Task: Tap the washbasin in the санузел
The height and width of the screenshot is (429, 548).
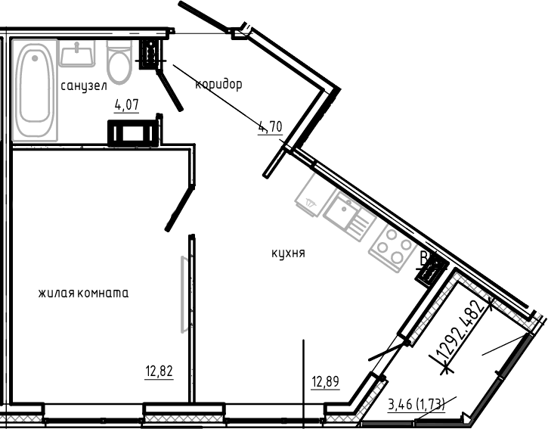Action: tap(76, 53)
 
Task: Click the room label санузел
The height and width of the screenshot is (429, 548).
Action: tap(84, 86)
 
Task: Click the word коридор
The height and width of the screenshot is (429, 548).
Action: tap(218, 84)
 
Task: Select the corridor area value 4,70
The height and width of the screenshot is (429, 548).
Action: tap(270, 127)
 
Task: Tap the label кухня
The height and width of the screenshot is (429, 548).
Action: tap(288, 253)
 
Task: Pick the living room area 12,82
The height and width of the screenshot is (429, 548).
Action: tap(159, 371)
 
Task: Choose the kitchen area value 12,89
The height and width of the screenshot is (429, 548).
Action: tap(325, 381)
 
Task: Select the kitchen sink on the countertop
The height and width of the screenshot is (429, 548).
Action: tap(349, 213)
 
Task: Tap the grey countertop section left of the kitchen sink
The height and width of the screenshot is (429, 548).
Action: tap(311, 196)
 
